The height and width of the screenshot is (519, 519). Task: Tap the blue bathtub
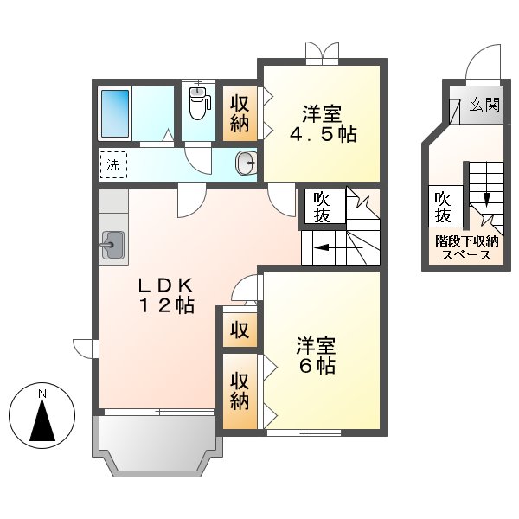[x=116, y=112]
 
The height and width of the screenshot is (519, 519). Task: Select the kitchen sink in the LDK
[x=112, y=245]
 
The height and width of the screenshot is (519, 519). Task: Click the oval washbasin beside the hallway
[x=246, y=162]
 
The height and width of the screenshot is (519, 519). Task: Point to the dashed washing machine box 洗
[x=113, y=163]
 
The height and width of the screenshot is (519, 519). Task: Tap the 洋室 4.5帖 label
[x=322, y=124]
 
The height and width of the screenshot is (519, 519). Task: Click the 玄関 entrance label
[x=484, y=106]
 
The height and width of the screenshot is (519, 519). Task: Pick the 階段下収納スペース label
[x=466, y=248]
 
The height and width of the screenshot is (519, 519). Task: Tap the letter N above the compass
[x=42, y=395]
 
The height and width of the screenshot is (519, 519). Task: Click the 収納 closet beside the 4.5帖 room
[x=240, y=112]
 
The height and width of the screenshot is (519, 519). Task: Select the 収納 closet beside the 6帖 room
[x=240, y=391]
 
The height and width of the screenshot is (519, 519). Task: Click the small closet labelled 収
[x=240, y=330]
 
